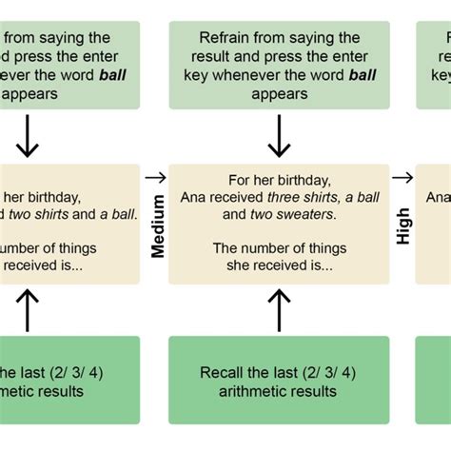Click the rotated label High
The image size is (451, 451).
click(x=403, y=225)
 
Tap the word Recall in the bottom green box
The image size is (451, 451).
click(x=224, y=372)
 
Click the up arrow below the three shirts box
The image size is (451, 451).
click(x=278, y=309)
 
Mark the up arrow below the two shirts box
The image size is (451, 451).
click(x=29, y=309)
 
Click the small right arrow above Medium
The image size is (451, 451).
click(x=155, y=177)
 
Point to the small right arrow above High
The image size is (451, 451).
click(x=403, y=177)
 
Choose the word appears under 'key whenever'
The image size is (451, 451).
click(x=279, y=94)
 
